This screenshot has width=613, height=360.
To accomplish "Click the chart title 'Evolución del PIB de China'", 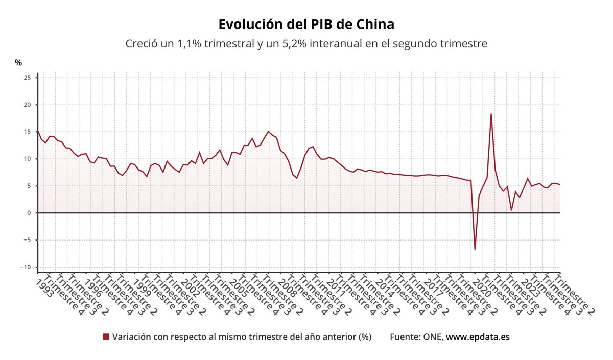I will (x=306, y=25).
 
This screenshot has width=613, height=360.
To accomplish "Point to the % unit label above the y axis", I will (x=18, y=63).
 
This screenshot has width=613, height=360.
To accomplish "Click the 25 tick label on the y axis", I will (x=28, y=78).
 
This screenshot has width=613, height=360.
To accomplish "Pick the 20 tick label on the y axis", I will (x=28, y=105).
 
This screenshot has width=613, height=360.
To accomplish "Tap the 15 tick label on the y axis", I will (x=28, y=132).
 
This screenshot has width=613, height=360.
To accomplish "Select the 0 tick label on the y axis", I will (x=29, y=213).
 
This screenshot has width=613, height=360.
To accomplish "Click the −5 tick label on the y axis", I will (x=27, y=240).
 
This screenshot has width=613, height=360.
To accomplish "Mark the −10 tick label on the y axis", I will (x=25, y=267).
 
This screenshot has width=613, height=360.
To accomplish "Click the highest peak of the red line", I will (x=491, y=114).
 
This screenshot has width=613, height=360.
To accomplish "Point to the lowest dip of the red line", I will (x=475, y=249).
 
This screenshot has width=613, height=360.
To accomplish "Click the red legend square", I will (x=106, y=337).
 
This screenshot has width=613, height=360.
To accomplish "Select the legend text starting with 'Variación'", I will (x=242, y=337).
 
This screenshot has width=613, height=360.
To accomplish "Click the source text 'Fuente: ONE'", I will (x=416, y=337).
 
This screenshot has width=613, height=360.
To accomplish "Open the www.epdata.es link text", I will (x=478, y=337).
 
